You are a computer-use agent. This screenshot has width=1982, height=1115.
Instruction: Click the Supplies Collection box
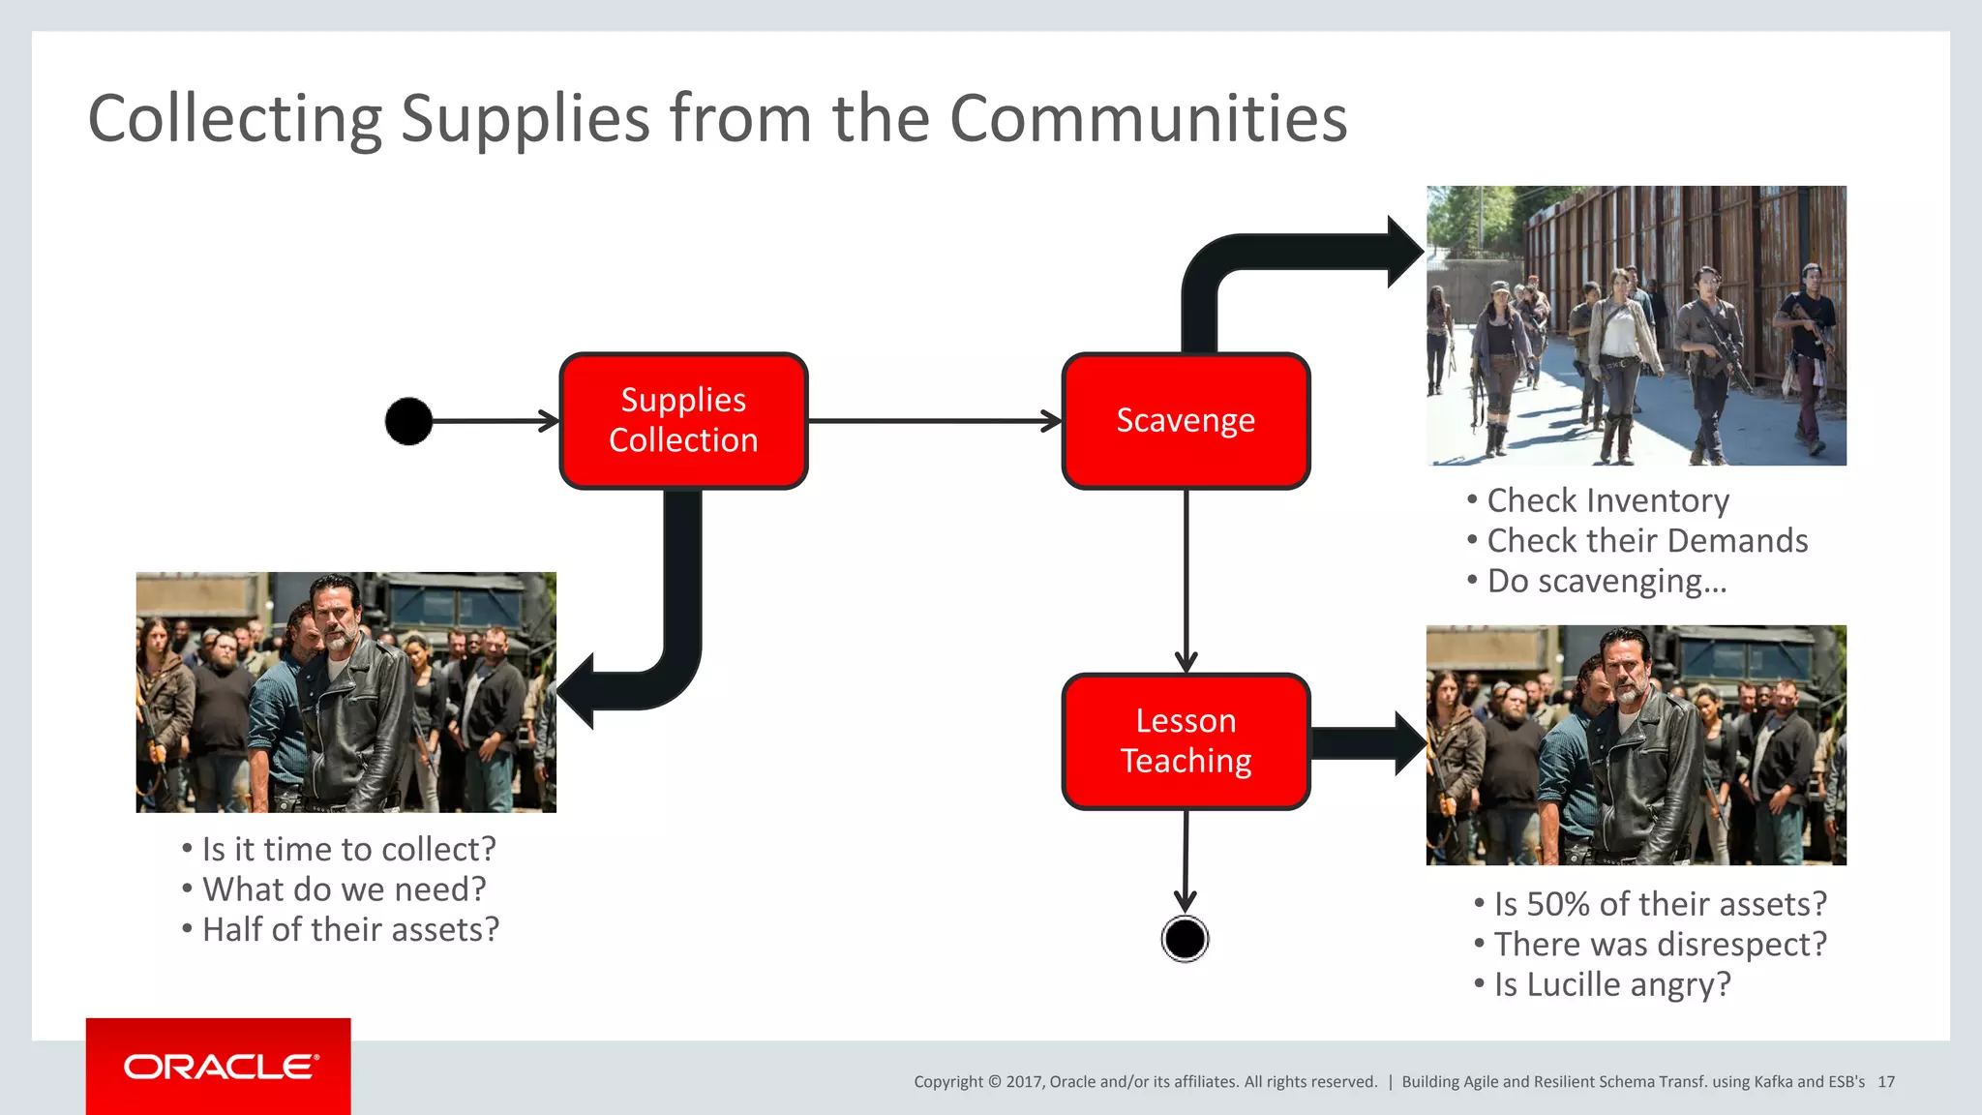(x=683, y=421)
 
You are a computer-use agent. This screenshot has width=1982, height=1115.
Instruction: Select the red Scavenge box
(x=1186, y=421)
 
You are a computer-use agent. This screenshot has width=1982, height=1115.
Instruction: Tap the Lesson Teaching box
(x=1186, y=741)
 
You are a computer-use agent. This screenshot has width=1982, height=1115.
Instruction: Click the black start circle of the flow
(x=408, y=421)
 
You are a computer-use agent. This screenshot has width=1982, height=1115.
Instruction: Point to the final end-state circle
(x=1185, y=939)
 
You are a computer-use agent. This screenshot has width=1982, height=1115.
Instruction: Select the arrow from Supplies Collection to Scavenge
(x=935, y=421)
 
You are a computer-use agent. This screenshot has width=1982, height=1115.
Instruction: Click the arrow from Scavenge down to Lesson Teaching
(x=1186, y=581)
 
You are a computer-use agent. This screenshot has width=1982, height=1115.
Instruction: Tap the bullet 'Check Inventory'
(x=1607, y=500)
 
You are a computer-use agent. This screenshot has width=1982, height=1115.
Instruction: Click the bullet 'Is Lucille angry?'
(x=1611, y=984)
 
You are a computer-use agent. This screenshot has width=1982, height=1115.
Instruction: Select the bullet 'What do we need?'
(x=344, y=889)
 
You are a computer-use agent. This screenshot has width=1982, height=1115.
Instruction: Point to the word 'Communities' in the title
(x=1148, y=119)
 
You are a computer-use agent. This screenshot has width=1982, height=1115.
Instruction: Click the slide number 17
(x=1886, y=1082)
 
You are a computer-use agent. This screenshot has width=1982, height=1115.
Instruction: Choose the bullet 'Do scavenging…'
(x=1607, y=581)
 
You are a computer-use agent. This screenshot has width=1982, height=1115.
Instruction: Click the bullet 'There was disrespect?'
(x=1660, y=944)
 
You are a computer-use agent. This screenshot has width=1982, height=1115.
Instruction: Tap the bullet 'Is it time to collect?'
(x=348, y=849)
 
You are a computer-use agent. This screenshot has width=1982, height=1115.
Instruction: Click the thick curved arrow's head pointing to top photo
(x=1402, y=253)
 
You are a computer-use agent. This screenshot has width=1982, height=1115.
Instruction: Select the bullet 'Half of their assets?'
(x=350, y=929)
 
